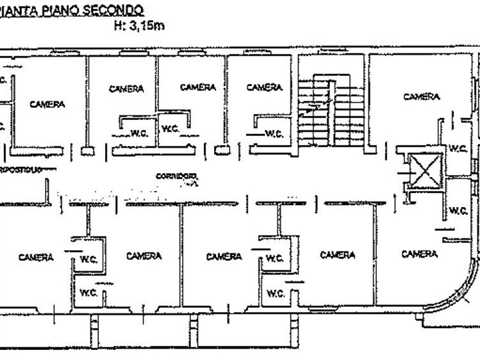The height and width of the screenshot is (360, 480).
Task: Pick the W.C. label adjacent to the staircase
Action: click(274, 133)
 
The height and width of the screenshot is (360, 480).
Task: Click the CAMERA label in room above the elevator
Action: click(421, 96)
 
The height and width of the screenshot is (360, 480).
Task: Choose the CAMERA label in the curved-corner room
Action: click(419, 254)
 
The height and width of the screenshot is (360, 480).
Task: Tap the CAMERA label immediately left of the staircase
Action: click(265, 88)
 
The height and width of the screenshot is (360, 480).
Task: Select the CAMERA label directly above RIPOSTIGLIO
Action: click(47, 104)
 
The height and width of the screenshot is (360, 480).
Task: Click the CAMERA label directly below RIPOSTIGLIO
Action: click(36, 257)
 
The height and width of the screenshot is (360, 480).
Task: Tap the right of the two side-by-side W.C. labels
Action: click(168, 127)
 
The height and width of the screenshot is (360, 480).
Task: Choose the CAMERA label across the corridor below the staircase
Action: click(338, 255)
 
